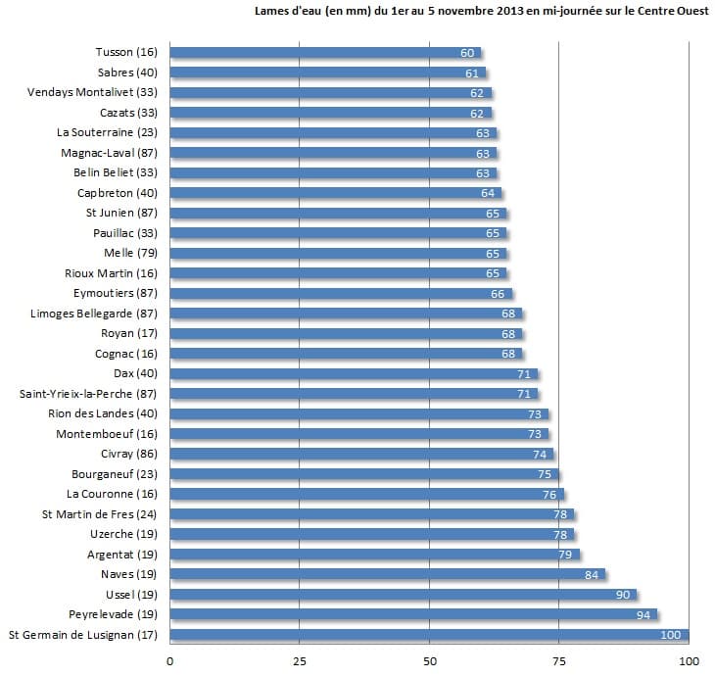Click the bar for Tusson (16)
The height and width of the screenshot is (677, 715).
coord(323,53)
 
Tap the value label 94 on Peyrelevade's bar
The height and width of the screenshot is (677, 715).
coord(643,614)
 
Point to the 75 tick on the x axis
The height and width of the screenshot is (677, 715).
coord(559,660)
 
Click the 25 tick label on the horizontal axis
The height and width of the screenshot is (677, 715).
coord(300,660)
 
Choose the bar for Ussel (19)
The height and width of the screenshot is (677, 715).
coord(402,595)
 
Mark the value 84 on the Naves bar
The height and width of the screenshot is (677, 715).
coord(592,574)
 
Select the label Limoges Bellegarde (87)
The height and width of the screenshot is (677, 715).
coord(94,314)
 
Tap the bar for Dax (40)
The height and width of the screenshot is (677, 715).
coord(353,373)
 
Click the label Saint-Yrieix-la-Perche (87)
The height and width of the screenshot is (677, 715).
coord(87,394)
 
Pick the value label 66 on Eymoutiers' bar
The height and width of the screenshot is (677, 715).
coord(498,293)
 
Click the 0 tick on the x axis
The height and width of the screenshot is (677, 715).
coord(170,660)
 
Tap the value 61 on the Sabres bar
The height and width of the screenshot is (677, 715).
coord(472,73)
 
